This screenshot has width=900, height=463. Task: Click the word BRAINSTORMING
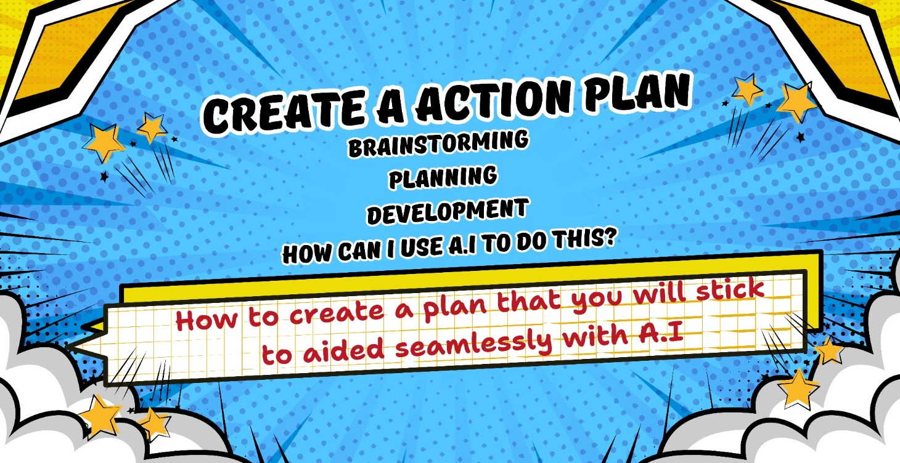pos(438,144)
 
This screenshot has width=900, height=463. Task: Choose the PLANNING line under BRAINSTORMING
pos(443,178)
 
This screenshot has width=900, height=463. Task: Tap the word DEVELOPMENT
pos(447,212)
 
